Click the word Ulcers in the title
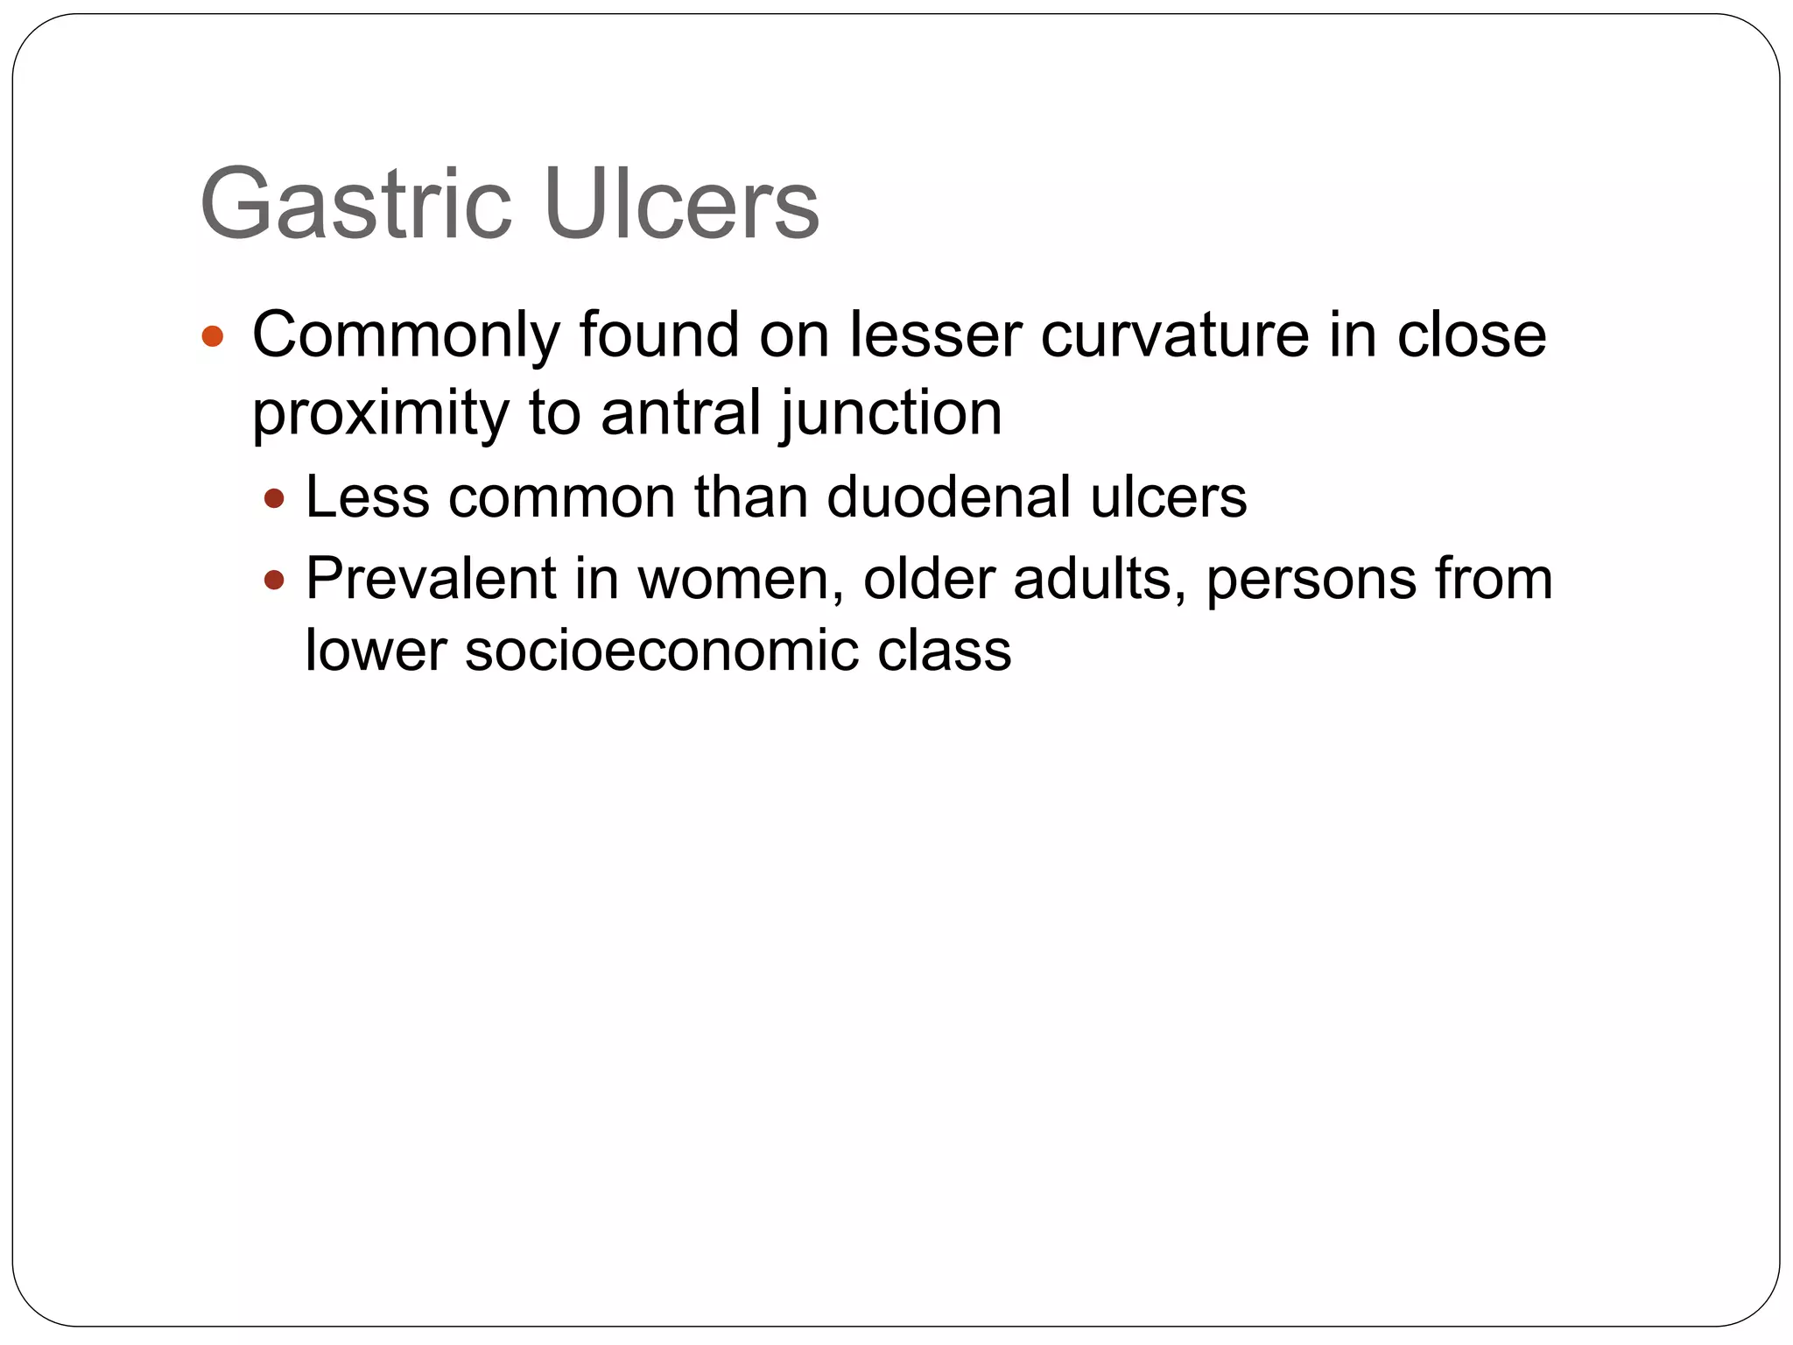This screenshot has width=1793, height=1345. (x=681, y=204)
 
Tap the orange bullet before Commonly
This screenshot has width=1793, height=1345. (x=213, y=336)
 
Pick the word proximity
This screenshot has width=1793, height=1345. (x=380, y=413)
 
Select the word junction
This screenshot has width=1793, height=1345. (x=891, y=413)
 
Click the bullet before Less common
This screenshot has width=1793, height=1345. (x=274, y=498)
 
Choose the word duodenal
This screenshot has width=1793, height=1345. (x=950, y=496)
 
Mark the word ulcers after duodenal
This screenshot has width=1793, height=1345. (x=1168, y=496)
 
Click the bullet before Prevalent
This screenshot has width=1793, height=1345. (x=274, y=579)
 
